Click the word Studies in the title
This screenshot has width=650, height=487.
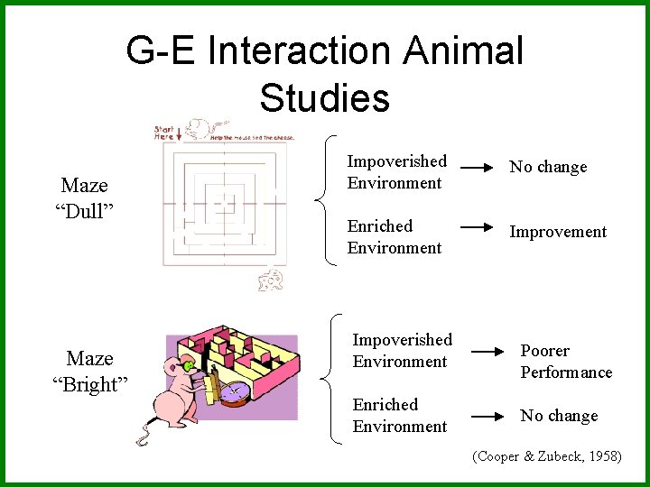pyautogui.click(x=324, y=97)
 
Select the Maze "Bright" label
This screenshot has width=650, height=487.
pyautogui.click(x=89, y=372)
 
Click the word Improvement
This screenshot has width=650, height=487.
pyautogui.click(x=558, y=232)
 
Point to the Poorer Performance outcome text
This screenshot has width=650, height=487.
pyautogui.click(x=566, y=362)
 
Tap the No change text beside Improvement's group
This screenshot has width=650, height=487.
pyautogui.click(x=548, y=167)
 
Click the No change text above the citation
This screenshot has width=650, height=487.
pyautogui.click(x=559, y=416)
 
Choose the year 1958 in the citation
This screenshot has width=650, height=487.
pyautogui.click(x=599, y=457)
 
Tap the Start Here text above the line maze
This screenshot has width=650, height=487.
pyautogui.click(x=165, y=132)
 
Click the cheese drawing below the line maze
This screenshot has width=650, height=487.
pyautogui.click(x=270, y=280)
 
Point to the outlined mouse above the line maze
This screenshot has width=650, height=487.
pyautogui.click(x=203, y=126)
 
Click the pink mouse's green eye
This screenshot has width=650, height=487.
pyautogui.click(x=188, y=366)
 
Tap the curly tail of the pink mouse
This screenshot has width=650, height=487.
pyautogui.click(x=143, y=438)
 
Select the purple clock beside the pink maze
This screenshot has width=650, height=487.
pyautogui.click(x=233, y=392)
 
